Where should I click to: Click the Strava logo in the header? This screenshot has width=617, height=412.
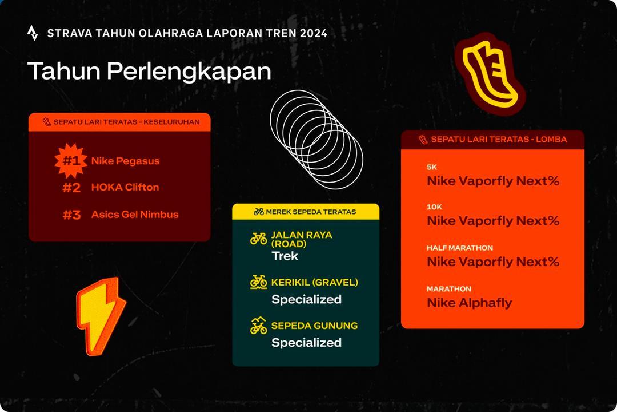pyautogui.click(x=33, y=33)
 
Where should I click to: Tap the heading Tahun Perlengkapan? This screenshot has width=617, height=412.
pyautogui.click(x=150, y=72)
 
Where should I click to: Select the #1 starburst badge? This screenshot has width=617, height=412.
pyautogui.click(x=71, y=160)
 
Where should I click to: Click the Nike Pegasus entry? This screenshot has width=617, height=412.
pyautogui.click(x=126, y=161)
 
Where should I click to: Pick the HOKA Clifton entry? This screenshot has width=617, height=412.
pyautogui.click(x=125, y=187)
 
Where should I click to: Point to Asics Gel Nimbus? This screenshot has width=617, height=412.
pyautogui.click(x=135, y=215)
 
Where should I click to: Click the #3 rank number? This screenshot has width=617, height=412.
pyautogui.click(x=71, y=215)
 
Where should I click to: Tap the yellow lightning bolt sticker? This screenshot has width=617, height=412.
pyautogui.click(x=101, y=316)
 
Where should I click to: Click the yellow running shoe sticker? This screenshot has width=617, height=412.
pyautogui.click(x=490, y=74)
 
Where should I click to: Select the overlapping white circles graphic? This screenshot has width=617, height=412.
pyautogui.click(x=316, y=140)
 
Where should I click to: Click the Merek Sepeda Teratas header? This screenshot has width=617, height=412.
pyautogui.click(x=305, y=212)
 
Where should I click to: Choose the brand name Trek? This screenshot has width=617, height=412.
pyautogui.click(x=285, y=256)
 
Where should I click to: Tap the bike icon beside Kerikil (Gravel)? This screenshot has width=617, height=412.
pyautogui.click(x=259, y=282)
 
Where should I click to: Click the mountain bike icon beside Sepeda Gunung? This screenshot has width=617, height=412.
pyautogui.click(x=259, y=326)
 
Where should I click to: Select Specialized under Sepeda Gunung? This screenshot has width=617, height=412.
pyautogui.click(x=307, y=343)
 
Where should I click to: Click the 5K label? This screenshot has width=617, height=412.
pyautogui.click(x=432, y=167)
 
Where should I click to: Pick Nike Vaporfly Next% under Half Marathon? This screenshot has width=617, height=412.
pyautogui.click(x=493, y=262)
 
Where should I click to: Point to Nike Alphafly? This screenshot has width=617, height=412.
pyautogui.click(x=470, y=303)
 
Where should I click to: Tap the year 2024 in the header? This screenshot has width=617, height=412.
pyautogui.click(x=314, y=33)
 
